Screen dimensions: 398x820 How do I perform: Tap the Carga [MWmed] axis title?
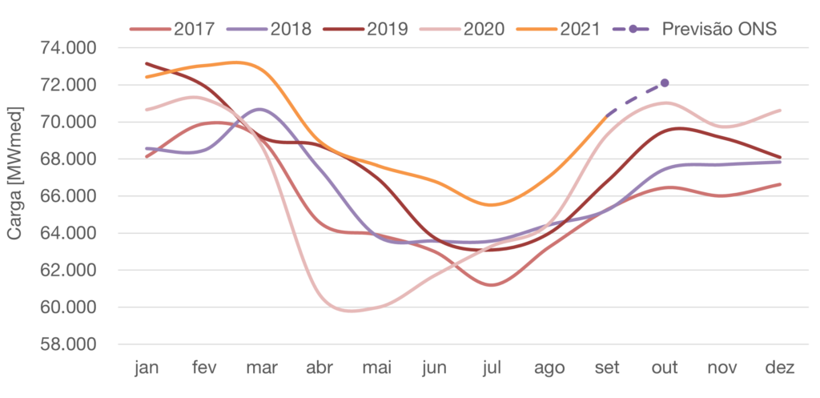click(x=14, y=176)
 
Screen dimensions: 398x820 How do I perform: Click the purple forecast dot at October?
click(x=665, y=82)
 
